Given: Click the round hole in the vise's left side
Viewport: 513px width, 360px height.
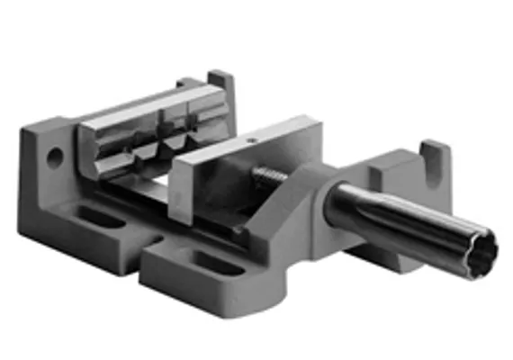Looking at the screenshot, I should point(55,158).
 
